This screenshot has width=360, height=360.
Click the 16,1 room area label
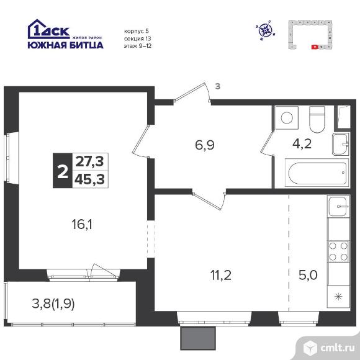(82, 223)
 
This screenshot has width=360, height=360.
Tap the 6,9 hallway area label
(205, 146)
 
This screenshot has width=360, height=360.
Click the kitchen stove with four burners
(338, 251)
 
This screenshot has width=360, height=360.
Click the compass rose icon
(266, 29)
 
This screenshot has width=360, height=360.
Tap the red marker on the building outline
(315, 46)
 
